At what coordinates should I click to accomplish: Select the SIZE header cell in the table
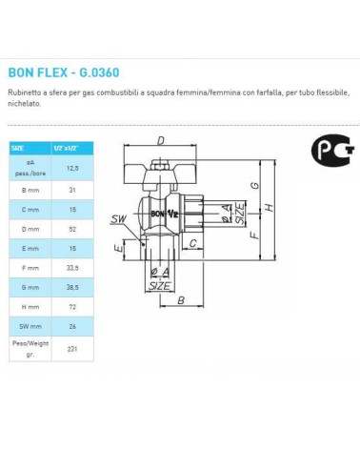[x=19, y=148]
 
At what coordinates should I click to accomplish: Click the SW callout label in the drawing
[x=118, y=219]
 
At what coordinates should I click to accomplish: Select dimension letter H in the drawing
[x=272, y=208]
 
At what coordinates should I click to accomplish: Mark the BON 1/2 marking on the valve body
[x=168, y=214]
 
